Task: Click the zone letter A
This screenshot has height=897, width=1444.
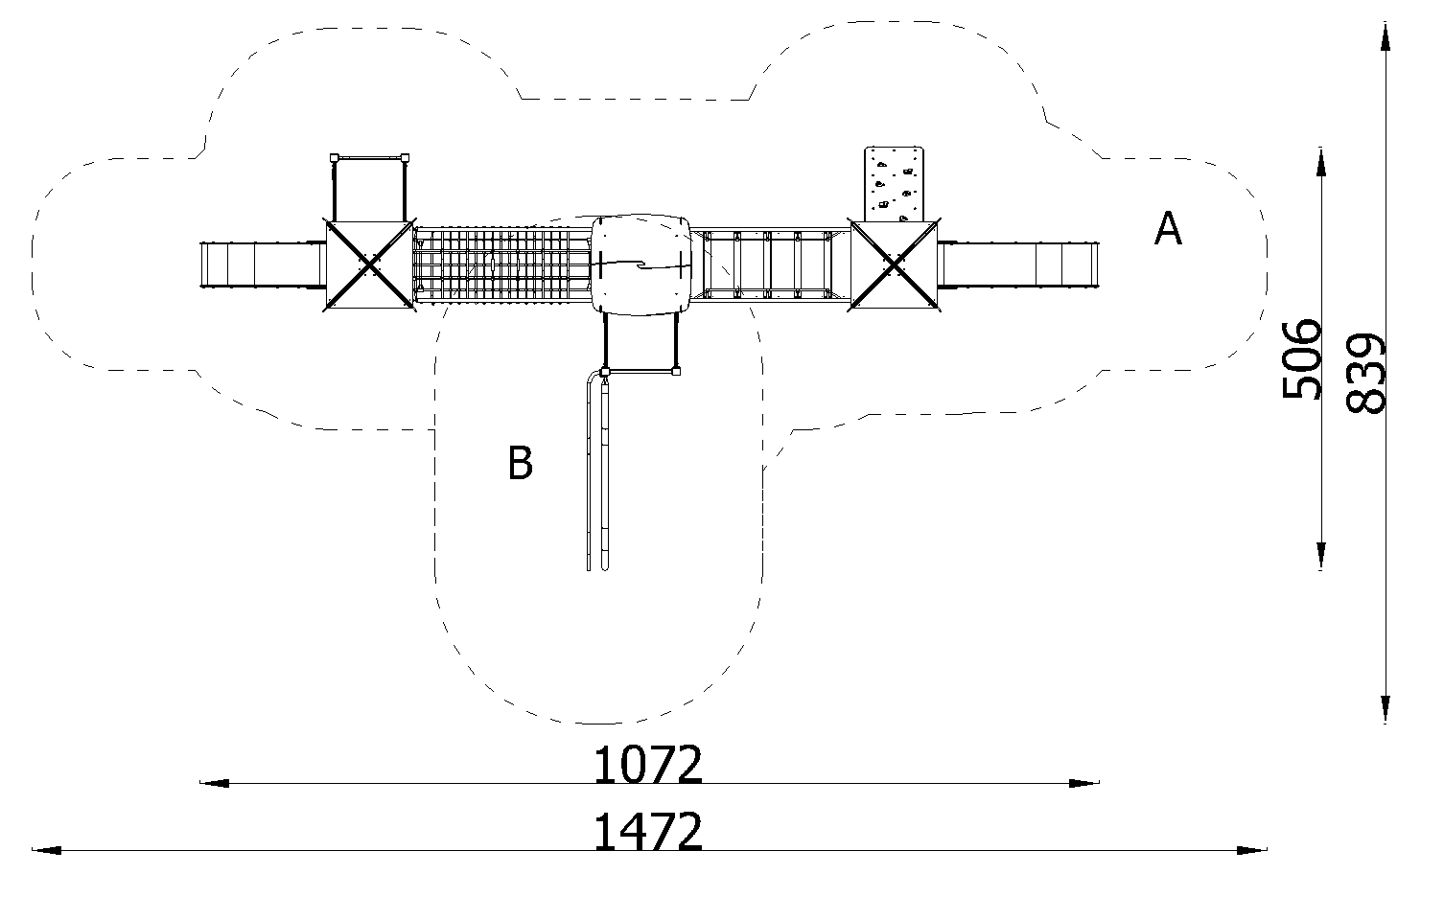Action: pos(1168,228)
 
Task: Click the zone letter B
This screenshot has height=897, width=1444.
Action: pos(521,463)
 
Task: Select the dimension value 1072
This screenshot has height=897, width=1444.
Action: pos(647,764)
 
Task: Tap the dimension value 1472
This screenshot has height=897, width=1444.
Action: pos(647,832)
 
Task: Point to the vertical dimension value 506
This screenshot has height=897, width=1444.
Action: pos(1301,359)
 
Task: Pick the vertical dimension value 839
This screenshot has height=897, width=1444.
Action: pos(1365,373)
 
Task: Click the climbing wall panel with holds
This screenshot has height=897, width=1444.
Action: pos(894,184)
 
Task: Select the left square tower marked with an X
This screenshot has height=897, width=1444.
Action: pos(369,264)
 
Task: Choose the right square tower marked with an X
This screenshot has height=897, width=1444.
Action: pos(895,264)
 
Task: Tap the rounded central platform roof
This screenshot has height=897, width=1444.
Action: pos(640,264)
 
